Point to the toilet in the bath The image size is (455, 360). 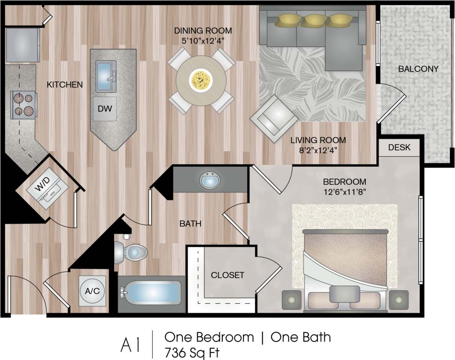click(131, 251)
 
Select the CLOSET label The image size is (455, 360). click(227, 275)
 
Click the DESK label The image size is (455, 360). click(399, 147)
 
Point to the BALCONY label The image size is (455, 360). click(418, 69)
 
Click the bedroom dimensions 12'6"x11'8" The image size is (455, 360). click(344, 191)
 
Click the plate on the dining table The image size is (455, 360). click(201, 79)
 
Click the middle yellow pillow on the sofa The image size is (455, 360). click(313, 20)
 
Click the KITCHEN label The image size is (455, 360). click(65, 84)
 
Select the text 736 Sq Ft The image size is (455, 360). click(192, 352)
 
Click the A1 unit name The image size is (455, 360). click(130, 345)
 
